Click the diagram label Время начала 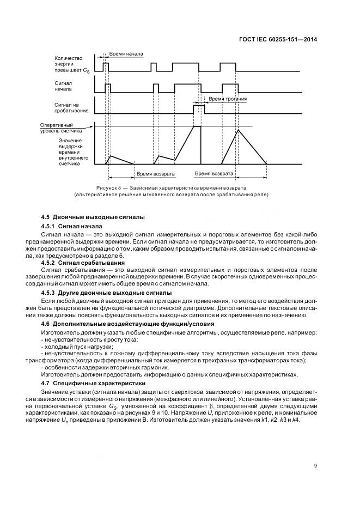point(126,54)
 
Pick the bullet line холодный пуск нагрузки point(78,347)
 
